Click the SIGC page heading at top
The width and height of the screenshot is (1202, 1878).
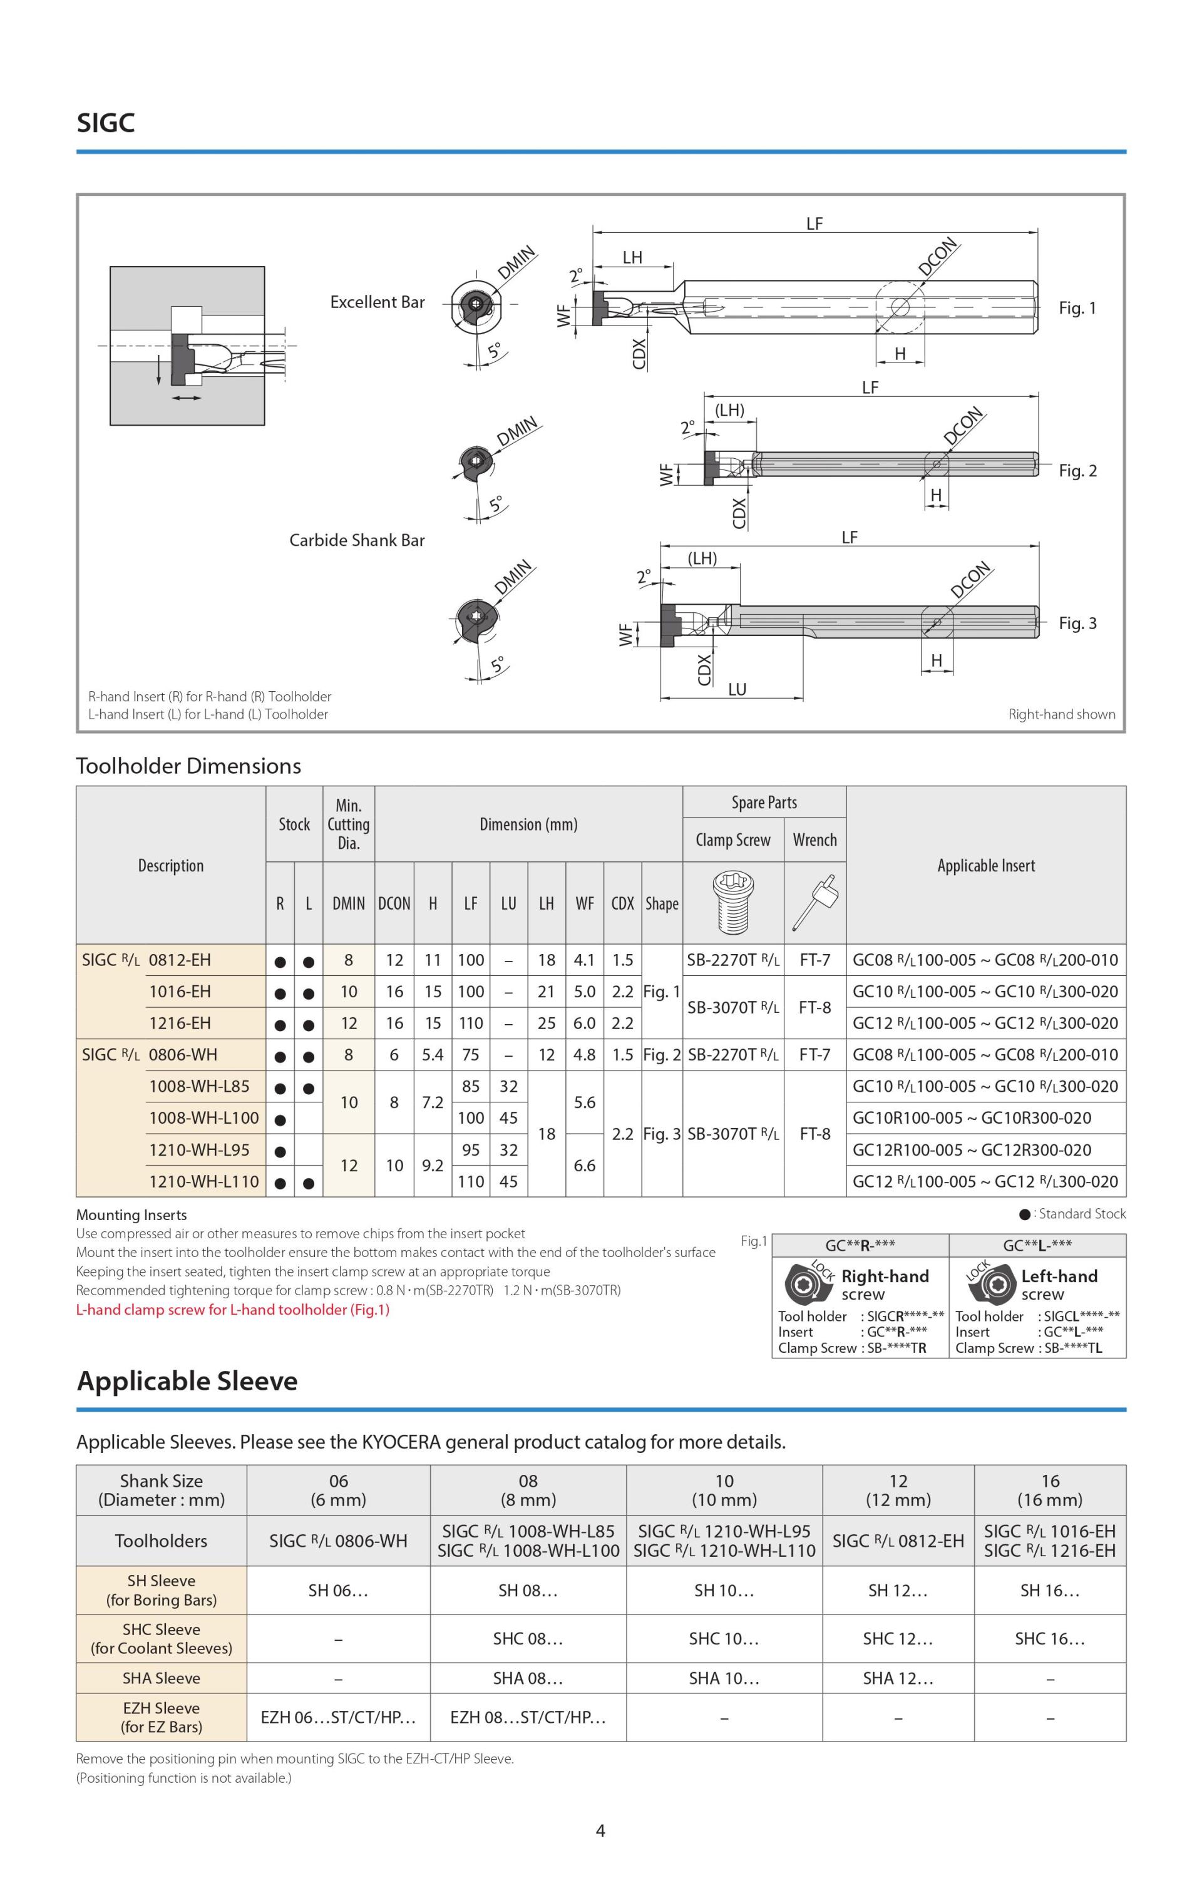pyautogui.click(x=105, y=123)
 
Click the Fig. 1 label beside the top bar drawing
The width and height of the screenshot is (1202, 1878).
pyautogui.click(x=1077, y=308)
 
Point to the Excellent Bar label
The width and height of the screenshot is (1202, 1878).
pyautogui.click(x=377, y=302)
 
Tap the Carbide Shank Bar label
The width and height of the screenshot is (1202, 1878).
pyautogui.click(x=357, y=540)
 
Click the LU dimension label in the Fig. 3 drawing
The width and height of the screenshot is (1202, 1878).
pyautogui.click(x=737, y=689)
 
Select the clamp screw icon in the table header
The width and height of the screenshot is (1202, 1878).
pyautogui.click(x=732, y=903)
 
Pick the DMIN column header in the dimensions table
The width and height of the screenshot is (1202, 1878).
pyautogui.click(x=348, y=903)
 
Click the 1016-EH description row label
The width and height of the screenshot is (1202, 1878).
pyautogui.click(x=180, y=992)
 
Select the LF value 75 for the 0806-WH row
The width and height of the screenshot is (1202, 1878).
pyautogui.click(x=471, y=1055)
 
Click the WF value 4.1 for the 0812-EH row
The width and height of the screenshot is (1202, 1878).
pyautogui.click(x=585, y=960)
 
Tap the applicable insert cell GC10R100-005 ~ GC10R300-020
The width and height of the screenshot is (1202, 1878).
pyautogui.click(x=972, y=1118)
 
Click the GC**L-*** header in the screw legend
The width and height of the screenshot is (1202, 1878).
pyautogui.click(x=1037, y=1245)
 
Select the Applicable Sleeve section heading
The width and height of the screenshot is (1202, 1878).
pyautogui.click(x=187, y=1381)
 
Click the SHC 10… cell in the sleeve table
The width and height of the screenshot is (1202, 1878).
pyautogui.click(x=724, y=1638)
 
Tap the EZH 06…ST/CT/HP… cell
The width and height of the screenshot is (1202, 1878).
pyautogui.click(x=338, y=1717)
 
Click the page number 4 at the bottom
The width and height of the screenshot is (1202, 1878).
pyautogui.click(x=600, y=1830)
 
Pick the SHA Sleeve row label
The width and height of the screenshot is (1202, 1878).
pyautogui.click(x=161, y=1678)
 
